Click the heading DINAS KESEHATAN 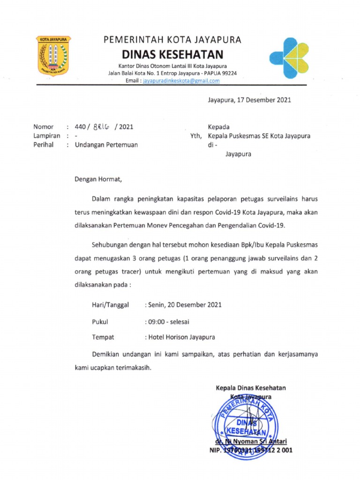[x=172, y=54]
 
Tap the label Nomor [x=44, y=127]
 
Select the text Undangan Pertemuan [x=106, y=145]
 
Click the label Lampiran [x=46, y=136]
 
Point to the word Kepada [x=219, y=127]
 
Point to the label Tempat [x=103, y=337]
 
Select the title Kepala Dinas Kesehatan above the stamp [x=251, y=388]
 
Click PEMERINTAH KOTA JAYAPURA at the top [x=172, y=40]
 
